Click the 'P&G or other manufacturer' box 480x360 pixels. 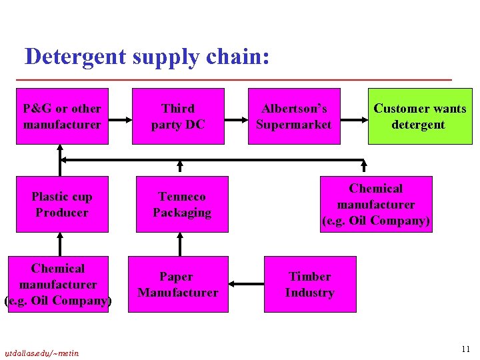62,116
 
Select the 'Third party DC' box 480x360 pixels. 178,116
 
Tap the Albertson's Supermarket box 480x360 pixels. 294,116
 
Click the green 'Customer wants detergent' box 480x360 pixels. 419,116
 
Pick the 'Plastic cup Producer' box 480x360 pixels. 62,204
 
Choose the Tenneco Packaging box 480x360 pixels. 182,204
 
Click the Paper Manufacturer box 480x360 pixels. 177,284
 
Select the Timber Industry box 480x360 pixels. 310,284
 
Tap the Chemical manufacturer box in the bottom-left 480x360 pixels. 58,284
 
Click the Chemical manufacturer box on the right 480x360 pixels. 376,204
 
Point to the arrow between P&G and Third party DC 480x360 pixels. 120,121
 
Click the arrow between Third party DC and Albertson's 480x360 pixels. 235,121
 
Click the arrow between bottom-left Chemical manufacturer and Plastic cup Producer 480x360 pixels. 61,244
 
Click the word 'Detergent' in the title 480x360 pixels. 75,57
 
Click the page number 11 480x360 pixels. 465,349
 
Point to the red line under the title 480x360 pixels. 233,80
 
